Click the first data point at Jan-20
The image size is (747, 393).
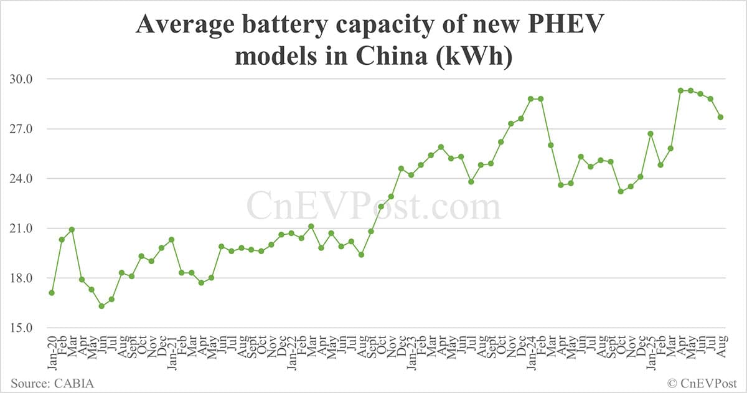(x=52, y=293)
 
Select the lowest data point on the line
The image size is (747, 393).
(x=101, y=306)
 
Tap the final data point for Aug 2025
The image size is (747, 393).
(x=720, y=117)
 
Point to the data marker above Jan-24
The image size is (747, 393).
(x=530, y=98)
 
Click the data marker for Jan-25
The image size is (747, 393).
(x=651, y=133)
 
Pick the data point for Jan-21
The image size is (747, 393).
(x=171, y=240)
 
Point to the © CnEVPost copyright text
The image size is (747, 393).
(x=702, y=383)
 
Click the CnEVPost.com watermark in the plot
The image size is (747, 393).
(x=374, y=206)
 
